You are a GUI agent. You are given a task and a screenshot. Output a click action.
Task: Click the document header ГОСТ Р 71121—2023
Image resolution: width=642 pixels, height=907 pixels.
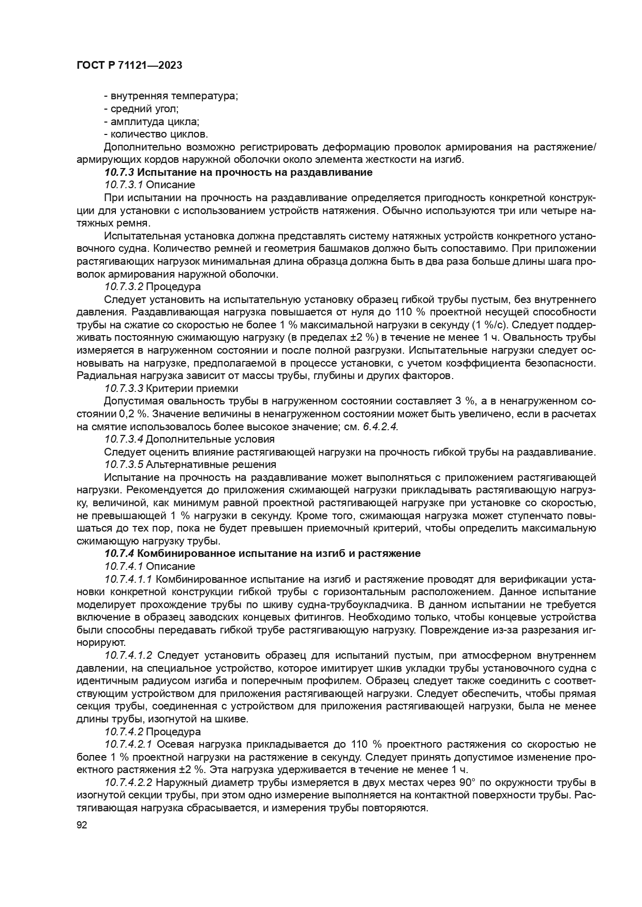point(129,65)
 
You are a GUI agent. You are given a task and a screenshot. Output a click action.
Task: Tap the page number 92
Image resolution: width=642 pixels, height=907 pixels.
point(82,825)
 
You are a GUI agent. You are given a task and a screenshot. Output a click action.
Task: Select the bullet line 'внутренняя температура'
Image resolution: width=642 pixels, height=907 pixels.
point(171,96)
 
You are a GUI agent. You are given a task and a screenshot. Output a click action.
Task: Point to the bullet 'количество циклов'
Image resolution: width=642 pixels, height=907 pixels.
point(156,134)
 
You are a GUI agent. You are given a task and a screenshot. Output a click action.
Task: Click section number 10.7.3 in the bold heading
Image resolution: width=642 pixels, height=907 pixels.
point(119,172)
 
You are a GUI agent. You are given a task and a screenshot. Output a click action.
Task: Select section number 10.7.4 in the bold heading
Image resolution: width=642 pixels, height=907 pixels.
point(119,553)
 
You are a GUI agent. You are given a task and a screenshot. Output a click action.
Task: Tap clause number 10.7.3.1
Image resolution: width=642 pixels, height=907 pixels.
point(123,185)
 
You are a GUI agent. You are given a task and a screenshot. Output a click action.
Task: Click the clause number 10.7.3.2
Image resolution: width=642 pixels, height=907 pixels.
point(123,286)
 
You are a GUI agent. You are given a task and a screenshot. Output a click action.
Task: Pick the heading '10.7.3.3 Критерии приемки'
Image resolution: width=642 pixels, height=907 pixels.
point(171,388)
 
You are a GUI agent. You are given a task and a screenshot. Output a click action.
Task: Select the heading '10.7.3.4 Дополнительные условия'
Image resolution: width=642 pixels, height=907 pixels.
point(189,439)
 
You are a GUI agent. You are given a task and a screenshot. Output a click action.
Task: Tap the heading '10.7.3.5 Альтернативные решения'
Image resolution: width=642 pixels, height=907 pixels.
point(190,464)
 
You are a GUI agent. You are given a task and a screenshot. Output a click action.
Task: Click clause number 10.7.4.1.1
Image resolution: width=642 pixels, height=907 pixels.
point(128,579)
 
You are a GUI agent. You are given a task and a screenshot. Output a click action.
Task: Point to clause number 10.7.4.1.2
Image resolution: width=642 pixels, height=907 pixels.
point(128,655)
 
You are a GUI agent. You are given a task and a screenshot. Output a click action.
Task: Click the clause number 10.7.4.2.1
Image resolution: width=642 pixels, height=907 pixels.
point(128,744)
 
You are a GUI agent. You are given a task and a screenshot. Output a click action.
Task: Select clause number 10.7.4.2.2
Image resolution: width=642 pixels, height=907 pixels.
point(128,782)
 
